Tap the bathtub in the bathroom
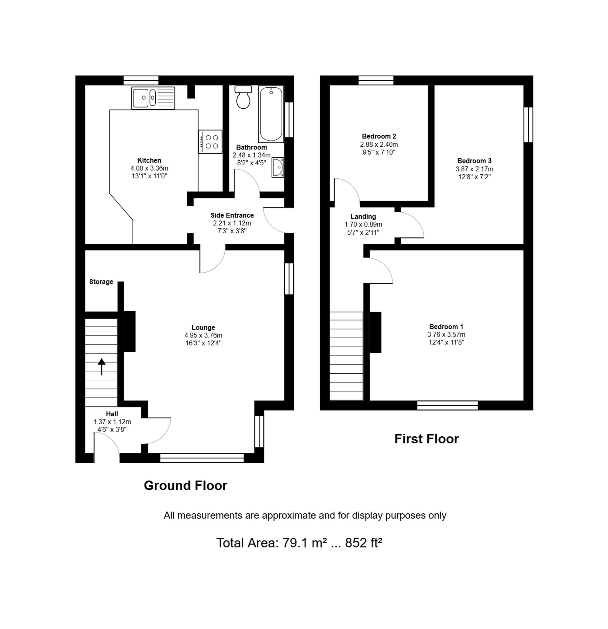click(271, 114)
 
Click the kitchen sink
click(153, 98)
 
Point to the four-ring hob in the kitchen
click(210, 142)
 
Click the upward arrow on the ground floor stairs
click(102, 366)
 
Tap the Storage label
click(101, 282)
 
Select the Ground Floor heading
click(185, 486)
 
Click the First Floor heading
click(427, 439)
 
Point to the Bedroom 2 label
click(379, 136)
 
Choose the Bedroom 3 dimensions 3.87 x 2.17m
click(474, 169)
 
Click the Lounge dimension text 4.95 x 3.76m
click(203, 335)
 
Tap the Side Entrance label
click(232, 215)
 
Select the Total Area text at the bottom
click(299, 543)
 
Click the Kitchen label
click(150, 160)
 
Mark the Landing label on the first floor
click(363, 217)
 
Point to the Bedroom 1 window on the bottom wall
click(447, 405)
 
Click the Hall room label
click(112, 414)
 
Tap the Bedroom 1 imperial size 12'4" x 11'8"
click(446, 342)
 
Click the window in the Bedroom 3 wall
click(528, 124)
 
